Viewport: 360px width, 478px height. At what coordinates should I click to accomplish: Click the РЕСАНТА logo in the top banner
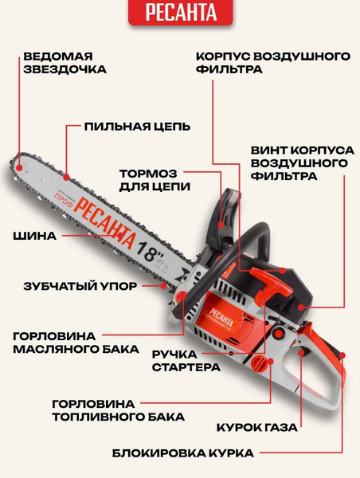tap(179, 14)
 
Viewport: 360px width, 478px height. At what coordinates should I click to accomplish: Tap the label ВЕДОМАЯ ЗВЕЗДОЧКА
tap(65, 63)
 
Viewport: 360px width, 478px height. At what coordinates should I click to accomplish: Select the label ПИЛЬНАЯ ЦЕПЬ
tap(137, 127)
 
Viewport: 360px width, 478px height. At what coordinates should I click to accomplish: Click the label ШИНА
tap(35, 236)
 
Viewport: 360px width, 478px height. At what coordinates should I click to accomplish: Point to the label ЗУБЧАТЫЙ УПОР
tap(79, 284)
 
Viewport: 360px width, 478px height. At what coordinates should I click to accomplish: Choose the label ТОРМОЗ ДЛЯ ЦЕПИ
tap(155, 180)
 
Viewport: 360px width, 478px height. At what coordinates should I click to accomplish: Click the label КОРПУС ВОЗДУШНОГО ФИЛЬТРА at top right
tap(273, 63)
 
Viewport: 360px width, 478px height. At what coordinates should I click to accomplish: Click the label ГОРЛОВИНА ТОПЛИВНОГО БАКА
tap(118, 409)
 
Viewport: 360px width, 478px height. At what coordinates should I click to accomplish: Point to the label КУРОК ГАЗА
tap(257, 427)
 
